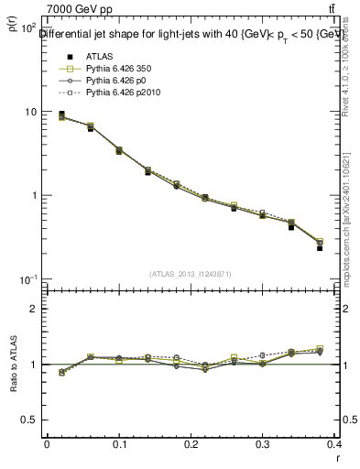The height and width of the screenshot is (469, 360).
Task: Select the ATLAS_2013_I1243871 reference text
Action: (191, 273)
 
